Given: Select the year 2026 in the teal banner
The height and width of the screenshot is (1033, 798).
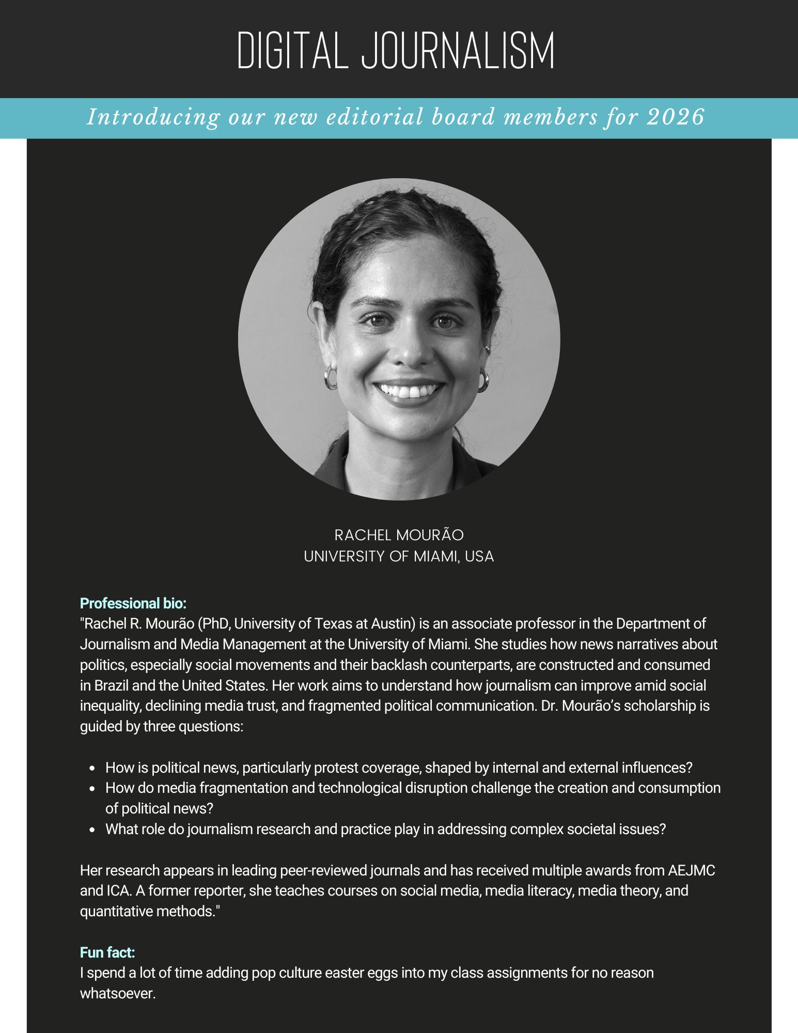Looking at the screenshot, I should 676,117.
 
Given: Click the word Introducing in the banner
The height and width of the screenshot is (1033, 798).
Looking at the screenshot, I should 153,117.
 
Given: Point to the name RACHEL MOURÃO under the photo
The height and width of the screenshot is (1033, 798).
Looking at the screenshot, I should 399,535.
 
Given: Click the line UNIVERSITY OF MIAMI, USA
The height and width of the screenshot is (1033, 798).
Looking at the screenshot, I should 399,556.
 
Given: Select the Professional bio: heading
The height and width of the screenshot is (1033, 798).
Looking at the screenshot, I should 133,603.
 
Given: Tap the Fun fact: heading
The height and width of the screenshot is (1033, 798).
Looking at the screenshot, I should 107,952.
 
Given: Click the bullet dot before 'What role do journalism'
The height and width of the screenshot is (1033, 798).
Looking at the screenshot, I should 92,830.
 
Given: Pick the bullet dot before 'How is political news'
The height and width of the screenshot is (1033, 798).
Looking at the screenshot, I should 92,769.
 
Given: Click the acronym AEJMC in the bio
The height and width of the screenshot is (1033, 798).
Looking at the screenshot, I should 691,871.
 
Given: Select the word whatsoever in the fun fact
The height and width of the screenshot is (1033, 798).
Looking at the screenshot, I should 117,993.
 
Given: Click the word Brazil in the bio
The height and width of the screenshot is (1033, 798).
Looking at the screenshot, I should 112,685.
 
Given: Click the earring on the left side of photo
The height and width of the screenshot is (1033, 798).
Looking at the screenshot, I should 330,378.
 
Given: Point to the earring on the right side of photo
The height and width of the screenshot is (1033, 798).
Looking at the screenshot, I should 483,380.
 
